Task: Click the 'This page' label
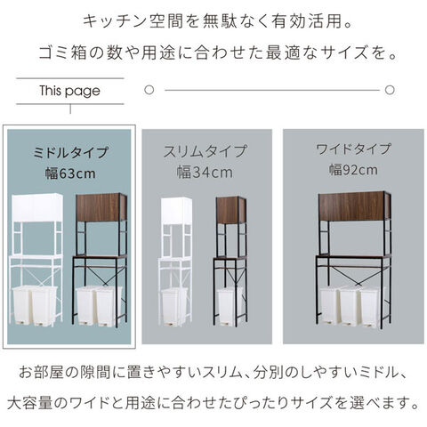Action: tap(70, 91)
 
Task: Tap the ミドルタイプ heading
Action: tap(70, 152)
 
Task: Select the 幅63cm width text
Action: tap(70, 173)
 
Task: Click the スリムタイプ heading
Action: tap(205, 151)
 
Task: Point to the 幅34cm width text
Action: tap(205, 173)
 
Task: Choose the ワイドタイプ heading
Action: tap(353, 149)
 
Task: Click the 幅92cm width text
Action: tap(353, 170)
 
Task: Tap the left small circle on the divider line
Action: tap(149, 90)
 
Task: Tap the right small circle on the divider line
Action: tap(390, 90)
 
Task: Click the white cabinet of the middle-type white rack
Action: tap(37, 207)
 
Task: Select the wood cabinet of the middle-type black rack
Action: tap(101, 207)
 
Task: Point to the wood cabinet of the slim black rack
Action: tap(231, 210)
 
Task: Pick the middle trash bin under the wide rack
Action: tap(350, 307)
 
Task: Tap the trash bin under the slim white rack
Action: tap(174, 307)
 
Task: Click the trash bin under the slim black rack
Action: tap(230, 307)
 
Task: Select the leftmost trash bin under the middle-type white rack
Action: tap(22, 306)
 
